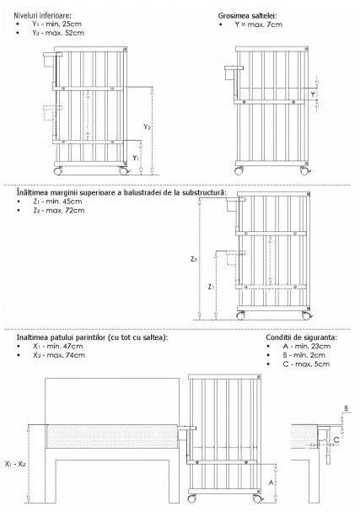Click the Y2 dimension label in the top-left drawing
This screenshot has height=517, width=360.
click(148, 126)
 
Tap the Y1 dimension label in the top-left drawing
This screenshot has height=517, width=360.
click(135, 158)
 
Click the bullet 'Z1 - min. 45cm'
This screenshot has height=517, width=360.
click(50, 202)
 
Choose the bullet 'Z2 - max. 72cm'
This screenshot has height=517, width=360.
click(51, 210)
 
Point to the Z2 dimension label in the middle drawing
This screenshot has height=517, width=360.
click(194, 259)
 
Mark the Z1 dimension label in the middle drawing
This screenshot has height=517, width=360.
click(212, 288)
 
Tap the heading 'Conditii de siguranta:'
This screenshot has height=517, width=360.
click(300, 337)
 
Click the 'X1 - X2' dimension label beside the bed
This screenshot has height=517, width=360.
click(16, 463)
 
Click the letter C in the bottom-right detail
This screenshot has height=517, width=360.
click(336, 439)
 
